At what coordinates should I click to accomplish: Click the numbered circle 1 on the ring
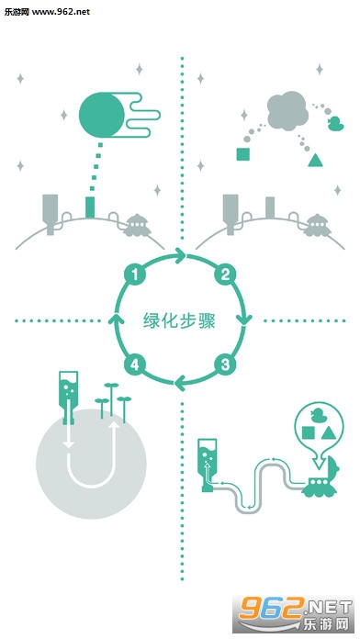coord(135,275)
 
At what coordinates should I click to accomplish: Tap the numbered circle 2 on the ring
coord(225,275)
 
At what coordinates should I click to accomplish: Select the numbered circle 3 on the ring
coord(225,364)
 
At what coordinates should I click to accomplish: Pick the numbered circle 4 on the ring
coord(135,364)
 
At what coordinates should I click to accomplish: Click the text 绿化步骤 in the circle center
coord(179,320)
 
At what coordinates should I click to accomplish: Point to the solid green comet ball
coord(102,115)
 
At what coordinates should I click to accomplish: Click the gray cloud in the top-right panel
coord(287,111)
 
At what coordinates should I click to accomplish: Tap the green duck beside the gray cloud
coord(336,124)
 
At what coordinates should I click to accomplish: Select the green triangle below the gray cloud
coord(315,160)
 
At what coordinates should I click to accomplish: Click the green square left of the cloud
coord(243,154)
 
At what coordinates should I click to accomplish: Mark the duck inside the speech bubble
coord(318,416)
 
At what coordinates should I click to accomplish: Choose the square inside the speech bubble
coord(309,433)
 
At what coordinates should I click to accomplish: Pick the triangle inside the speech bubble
coord(329,433)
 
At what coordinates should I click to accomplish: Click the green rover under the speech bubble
coord(321,479)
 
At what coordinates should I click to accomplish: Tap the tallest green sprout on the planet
coord(111,399)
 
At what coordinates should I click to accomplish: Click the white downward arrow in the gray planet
coord(69,436)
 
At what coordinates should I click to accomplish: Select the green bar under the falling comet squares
coord(90,207)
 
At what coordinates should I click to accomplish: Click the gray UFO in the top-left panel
coord(137,226)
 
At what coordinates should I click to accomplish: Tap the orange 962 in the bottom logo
coord(270,608)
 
